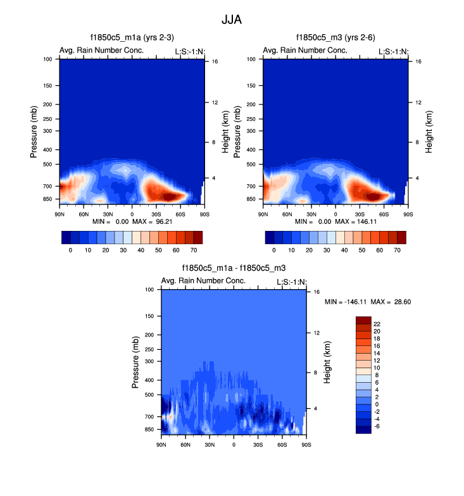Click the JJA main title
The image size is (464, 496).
click(x=232, y=20)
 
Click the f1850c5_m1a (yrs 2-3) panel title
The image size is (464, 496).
click(x=132, y=37)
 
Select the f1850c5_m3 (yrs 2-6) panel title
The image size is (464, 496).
click(x=335, y=37)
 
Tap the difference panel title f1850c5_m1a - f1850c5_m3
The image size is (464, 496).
click(x=234, y=268)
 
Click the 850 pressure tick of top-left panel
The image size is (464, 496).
click(x=51, y=199)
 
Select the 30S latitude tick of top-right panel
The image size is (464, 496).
click(x=359, y=214)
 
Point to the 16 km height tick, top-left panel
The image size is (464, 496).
click(x=215, y=61)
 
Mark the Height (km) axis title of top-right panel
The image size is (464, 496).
click(x=429, y=131)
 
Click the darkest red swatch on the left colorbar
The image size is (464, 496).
click(x=198, y=237)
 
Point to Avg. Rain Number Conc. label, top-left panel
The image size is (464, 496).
click(x=102, y=51)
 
